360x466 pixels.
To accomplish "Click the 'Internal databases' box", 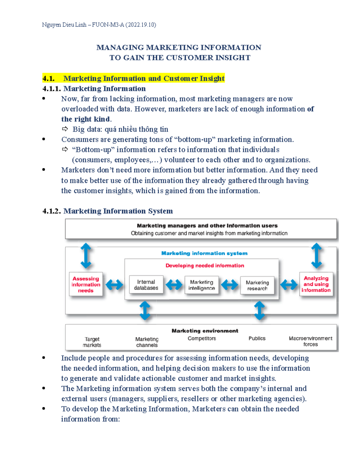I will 146,285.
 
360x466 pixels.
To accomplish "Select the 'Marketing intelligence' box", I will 202,285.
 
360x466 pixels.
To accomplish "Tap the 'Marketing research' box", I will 257,285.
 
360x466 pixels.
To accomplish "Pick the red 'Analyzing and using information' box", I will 316,284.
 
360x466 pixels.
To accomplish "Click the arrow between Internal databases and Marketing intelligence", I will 174,285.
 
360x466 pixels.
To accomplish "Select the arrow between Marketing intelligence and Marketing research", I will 229,285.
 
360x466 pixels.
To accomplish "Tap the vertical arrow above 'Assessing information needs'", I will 86,256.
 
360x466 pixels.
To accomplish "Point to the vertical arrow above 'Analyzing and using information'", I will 316,256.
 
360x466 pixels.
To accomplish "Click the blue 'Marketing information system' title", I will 204,253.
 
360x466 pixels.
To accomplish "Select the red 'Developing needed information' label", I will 205,266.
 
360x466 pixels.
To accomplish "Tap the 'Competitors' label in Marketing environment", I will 202,338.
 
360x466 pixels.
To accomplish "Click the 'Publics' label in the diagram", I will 257,338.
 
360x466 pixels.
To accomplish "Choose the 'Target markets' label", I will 92,342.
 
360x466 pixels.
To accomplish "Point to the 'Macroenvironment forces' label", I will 310,341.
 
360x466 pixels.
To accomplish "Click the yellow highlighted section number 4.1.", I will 49,79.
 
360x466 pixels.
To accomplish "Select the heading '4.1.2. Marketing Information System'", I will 108,211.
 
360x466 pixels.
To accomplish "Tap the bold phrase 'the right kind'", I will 85,119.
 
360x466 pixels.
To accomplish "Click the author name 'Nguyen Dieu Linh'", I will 64,25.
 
